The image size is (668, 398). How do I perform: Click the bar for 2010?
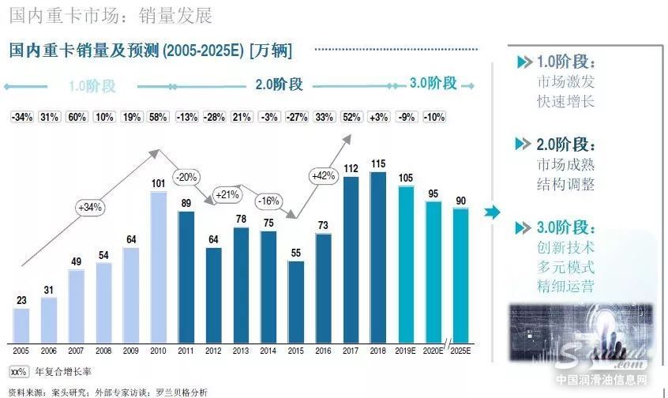pos(158,267)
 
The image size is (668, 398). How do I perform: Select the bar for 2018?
pos(378,257)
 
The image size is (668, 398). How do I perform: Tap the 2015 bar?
pos(296,301)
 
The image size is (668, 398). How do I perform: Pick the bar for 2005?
pos(21,325)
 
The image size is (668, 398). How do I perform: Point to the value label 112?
pos(351,167)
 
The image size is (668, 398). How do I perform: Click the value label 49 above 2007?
pos(77,262)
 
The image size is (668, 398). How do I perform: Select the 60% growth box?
pos(77,118)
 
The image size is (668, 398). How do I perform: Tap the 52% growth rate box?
pos(351,118)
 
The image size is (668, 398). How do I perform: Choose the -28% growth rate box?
pos(214,118)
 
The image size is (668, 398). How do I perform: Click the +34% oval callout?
pos(90,208)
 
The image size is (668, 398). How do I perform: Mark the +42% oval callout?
pos(324,175)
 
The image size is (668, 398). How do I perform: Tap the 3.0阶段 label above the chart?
pos(433,83)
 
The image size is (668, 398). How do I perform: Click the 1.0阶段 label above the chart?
pos(92,86)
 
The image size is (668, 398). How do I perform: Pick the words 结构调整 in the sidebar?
pos(565,185)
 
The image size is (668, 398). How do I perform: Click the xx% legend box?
pos(18,370)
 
